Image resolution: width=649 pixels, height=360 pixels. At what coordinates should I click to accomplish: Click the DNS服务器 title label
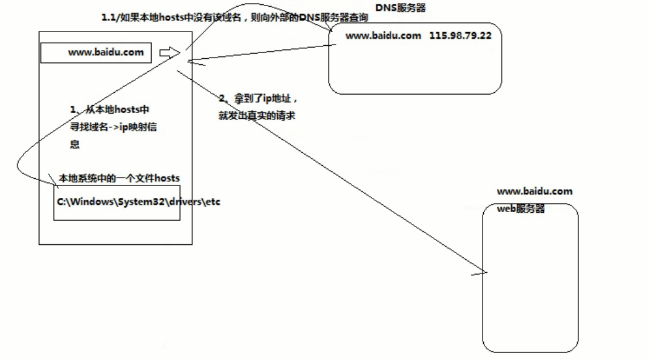[x=400, y=7]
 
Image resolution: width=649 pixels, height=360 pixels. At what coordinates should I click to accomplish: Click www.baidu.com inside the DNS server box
[x=383, y=36]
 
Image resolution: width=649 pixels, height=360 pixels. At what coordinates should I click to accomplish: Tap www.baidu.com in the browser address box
[x=106, y=53]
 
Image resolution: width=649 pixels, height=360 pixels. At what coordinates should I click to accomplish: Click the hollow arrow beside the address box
[x=168, y=53]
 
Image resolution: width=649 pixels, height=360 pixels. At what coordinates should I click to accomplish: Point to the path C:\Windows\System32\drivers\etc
[x=139, y=202]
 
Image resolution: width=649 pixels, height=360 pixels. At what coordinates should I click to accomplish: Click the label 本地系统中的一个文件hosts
[x=119, y=178]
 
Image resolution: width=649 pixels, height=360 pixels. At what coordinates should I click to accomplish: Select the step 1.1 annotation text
[x=234, y=19]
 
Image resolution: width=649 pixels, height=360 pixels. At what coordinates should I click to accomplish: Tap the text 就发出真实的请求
[x=255, y=116]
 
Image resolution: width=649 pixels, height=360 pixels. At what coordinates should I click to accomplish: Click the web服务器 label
[x=521, y=209]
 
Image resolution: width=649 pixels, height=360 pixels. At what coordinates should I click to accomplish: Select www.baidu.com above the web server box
[x=535, y=192]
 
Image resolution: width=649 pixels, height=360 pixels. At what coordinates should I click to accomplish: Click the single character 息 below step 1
[x=74, y=144]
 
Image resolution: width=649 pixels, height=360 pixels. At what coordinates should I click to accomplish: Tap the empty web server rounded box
[x=530, y=285]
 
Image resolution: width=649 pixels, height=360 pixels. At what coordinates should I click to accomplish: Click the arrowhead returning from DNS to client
[x=191, y=60]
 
